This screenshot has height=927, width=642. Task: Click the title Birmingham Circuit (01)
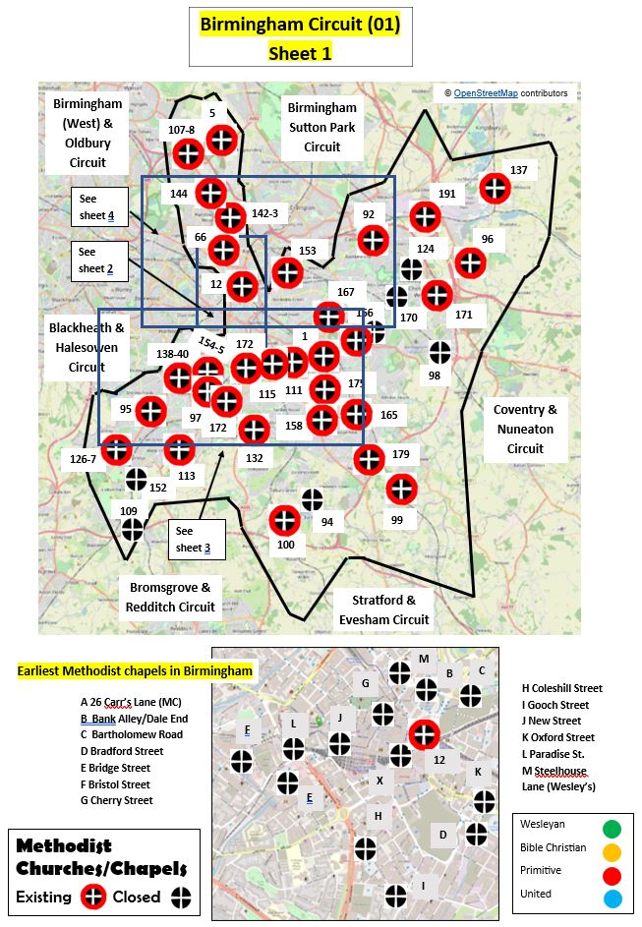pos(300,25)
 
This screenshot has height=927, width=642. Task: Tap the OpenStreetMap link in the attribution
pos(487,93)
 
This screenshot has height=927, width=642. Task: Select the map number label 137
pos(518,170)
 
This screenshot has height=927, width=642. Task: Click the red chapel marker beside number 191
pos(425,216)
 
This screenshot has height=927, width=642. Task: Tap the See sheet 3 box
pos(197,539)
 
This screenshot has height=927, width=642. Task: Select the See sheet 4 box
pos(99,206)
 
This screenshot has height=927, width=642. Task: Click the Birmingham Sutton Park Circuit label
pos(321,127)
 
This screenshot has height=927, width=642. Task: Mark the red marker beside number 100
pos(284,521)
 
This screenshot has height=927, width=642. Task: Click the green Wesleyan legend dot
pos(613,827)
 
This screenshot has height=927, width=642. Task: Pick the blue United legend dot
pos(613,897)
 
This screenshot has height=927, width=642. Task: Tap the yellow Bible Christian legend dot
pos(613,849)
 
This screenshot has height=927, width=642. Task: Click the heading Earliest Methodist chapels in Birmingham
pos(135,671)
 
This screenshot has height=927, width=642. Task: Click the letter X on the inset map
pos(379,781)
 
